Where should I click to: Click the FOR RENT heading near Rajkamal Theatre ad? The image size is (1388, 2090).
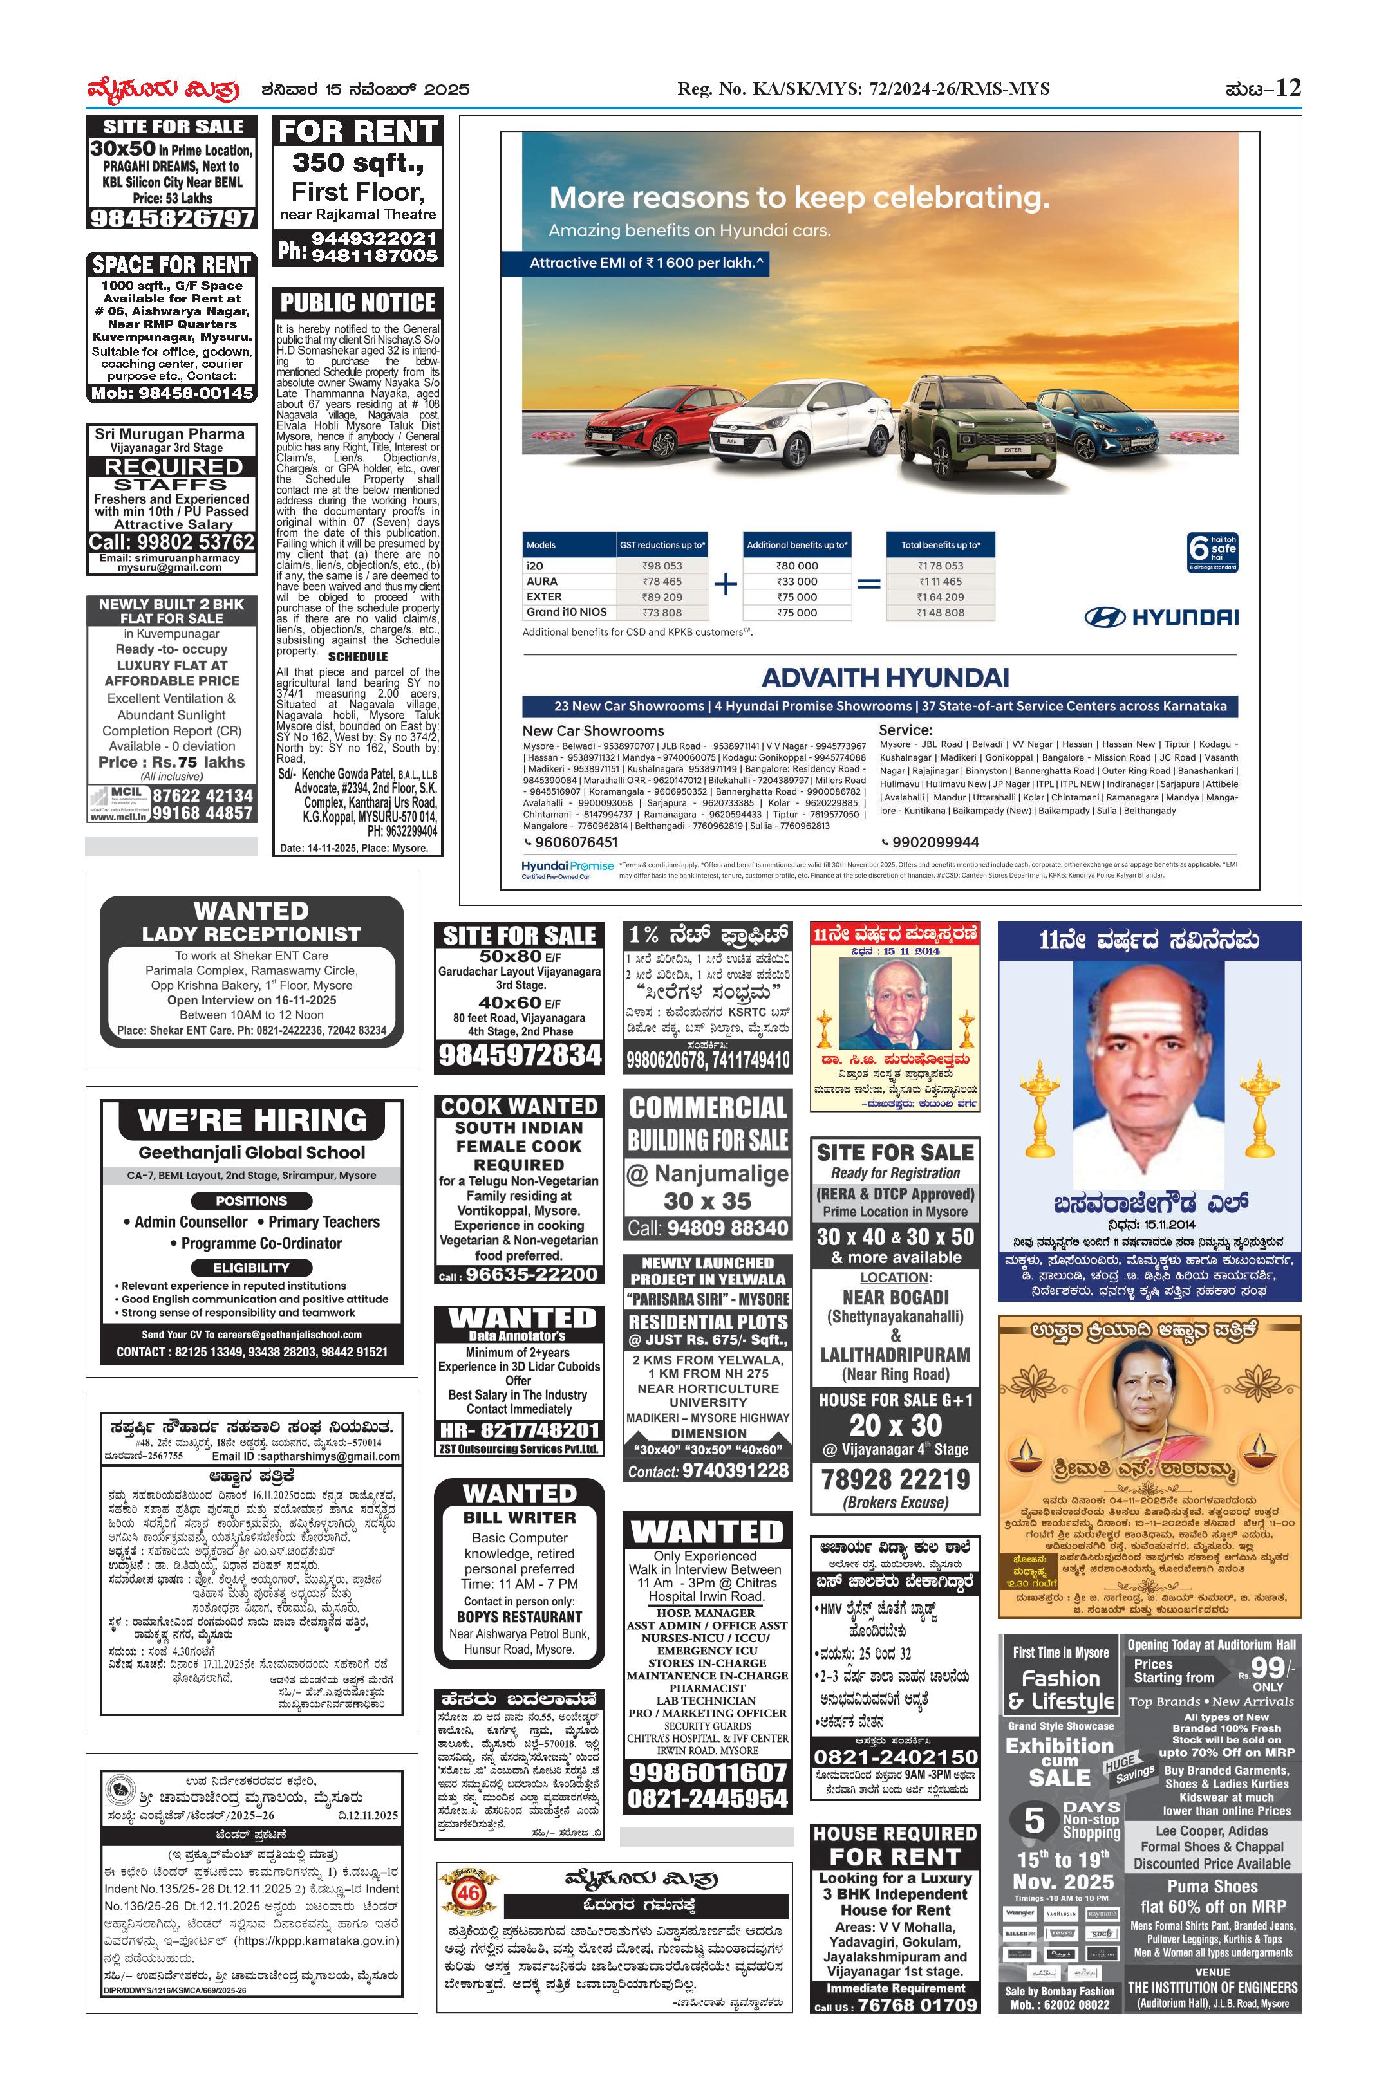pyautogui.click(x=358, y=132)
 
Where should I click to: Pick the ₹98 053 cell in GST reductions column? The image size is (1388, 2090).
pyautogui.click(x=662, y=566)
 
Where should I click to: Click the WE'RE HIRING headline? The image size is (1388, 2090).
pyautogui.click(x=252, y=1120)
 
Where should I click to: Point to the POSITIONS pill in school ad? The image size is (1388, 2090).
pyautogui.click(x=251, y=1201)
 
